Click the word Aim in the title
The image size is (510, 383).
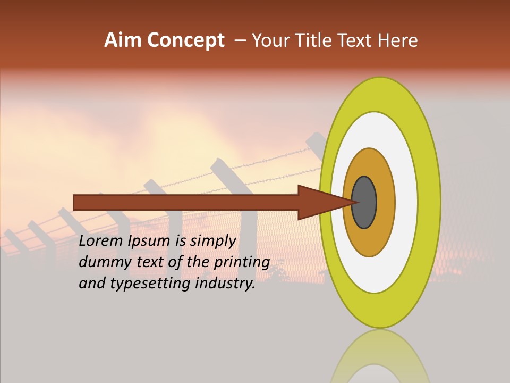[x=123, y=40]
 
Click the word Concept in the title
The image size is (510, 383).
[x=185, y=40]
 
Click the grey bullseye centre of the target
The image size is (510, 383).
[x=364, y=203]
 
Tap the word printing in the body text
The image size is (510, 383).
[x=245, y=263]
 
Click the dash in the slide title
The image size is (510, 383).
[x=240, y=41]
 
